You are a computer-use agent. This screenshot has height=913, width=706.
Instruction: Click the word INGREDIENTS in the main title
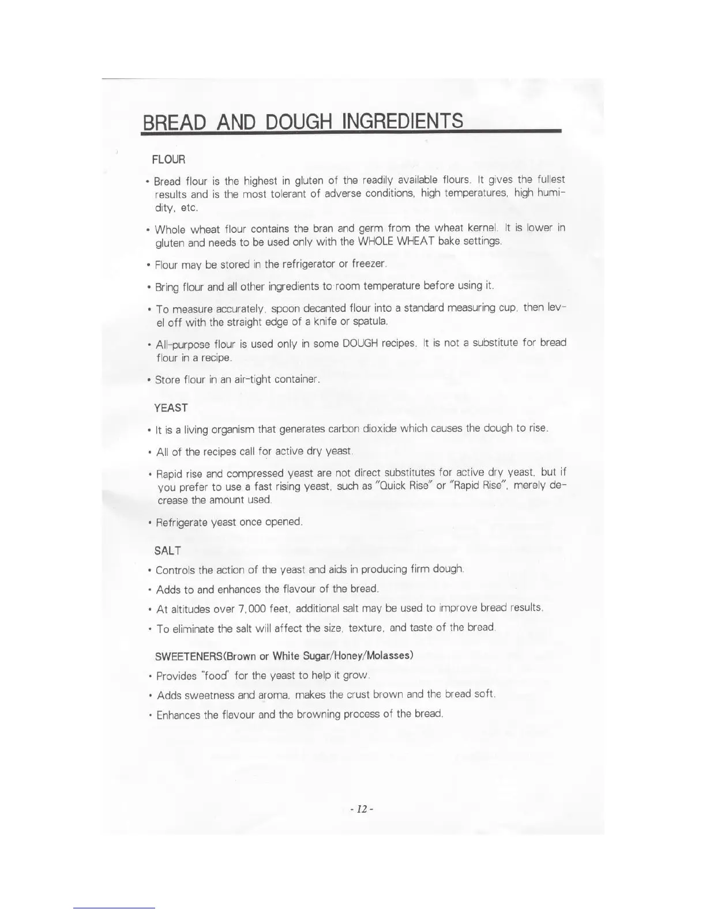tap(403, 121)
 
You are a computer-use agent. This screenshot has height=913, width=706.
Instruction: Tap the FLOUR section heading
tap(168, 159)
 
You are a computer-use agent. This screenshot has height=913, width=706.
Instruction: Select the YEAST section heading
tap(171, 408)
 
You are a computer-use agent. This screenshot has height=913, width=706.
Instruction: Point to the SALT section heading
tap(167, 550)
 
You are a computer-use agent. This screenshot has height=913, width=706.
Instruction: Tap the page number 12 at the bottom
tap(362, 809)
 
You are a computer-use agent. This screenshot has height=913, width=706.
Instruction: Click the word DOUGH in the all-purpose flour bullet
tap(360, 343)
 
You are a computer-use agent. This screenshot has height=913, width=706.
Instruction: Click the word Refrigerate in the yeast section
tap(182, 522)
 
